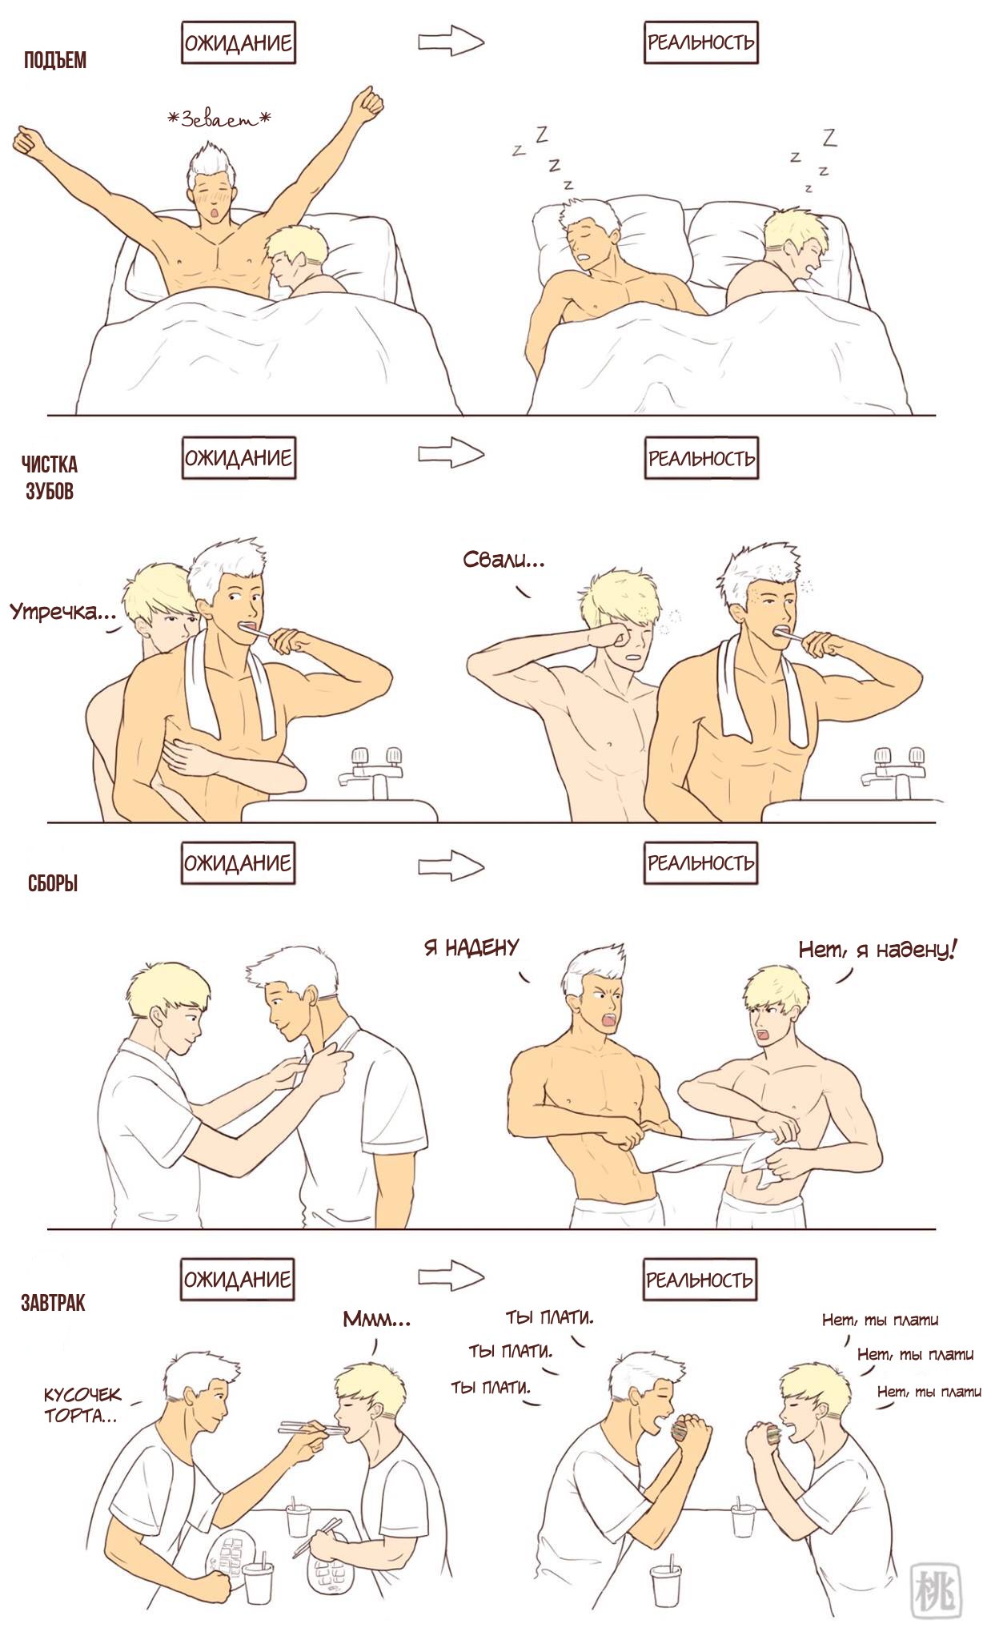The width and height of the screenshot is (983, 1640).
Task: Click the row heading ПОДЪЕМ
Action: [x=55, y=60]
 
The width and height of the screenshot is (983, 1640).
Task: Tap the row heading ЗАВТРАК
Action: [x=53, y=1303]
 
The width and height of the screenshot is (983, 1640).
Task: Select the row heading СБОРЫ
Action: [x=53, y=884]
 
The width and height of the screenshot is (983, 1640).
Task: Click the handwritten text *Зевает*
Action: [x=219, y=120]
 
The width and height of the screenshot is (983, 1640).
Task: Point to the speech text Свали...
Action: [x=504, y=561]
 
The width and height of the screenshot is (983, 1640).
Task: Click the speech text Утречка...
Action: [x=63, y=613]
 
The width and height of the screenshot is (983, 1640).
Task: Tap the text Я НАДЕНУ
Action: [x=471, y=948]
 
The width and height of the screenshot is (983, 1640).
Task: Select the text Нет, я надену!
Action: [x=877, y=950]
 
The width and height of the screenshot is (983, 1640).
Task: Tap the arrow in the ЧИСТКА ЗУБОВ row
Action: [x=451, y=453]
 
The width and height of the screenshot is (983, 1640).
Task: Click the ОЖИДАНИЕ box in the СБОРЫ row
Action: [x=238, y=862]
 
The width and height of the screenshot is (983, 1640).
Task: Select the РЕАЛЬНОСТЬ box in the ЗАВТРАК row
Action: [x=700, y=1279]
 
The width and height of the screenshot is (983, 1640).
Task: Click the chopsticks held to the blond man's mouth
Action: [x=313, y=1429]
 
